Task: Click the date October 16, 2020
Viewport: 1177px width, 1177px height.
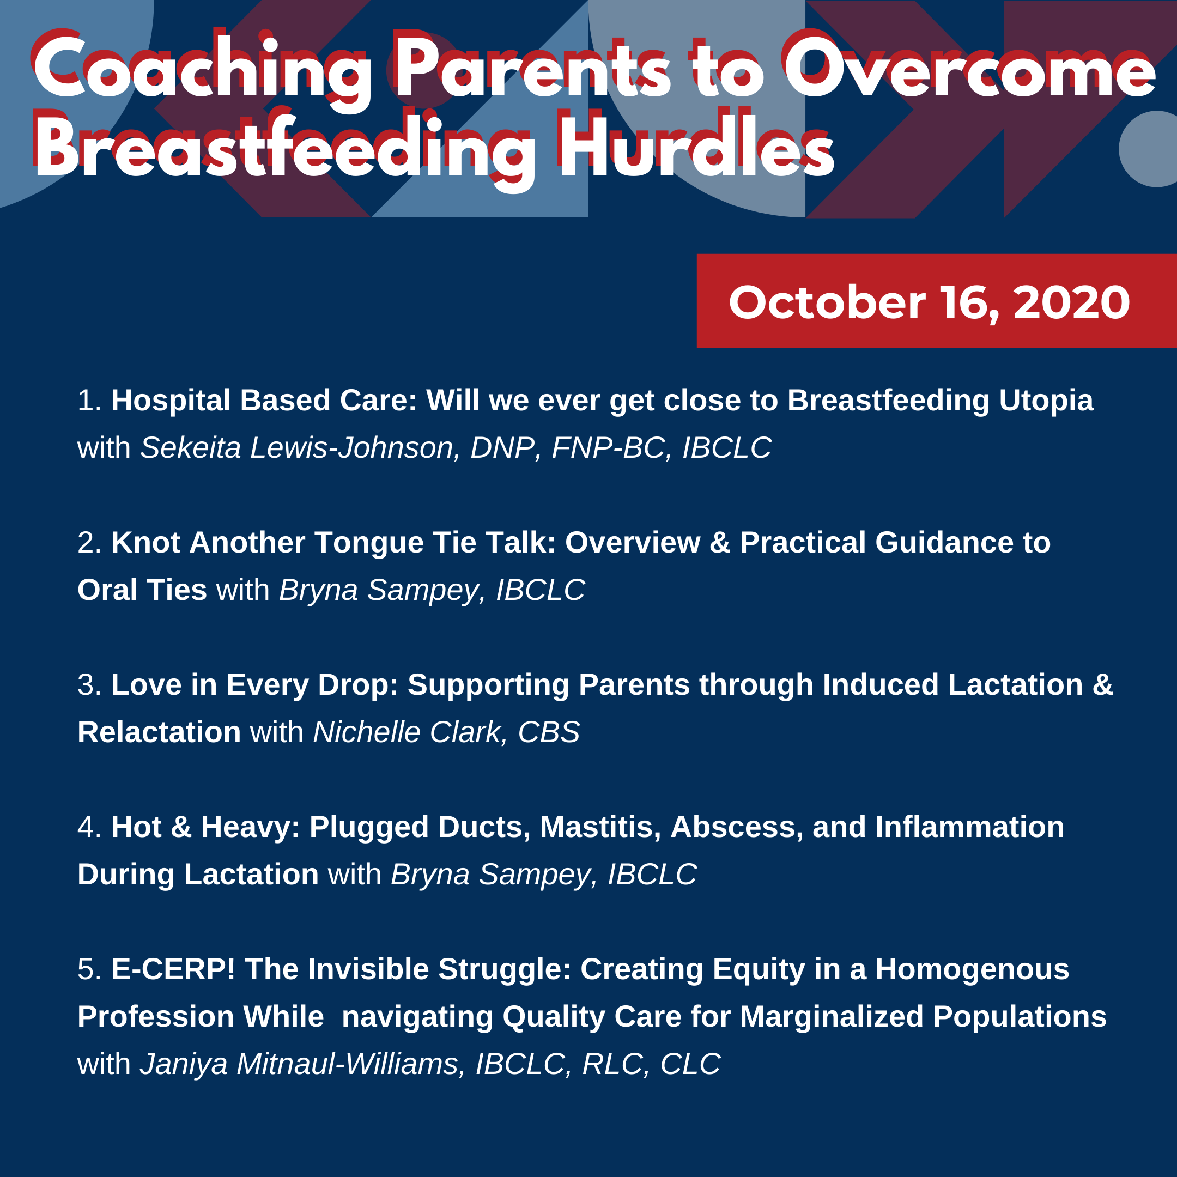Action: (929, 303)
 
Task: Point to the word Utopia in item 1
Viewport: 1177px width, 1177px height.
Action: (1046, 401)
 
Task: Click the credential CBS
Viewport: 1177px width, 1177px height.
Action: (548, 732)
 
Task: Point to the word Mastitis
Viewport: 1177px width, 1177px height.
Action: (600, 827)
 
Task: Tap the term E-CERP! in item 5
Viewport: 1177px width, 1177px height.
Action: (173, 969)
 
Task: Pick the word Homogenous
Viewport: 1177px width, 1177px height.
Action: (972, 969)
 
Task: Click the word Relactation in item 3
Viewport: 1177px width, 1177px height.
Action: (159, 732)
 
